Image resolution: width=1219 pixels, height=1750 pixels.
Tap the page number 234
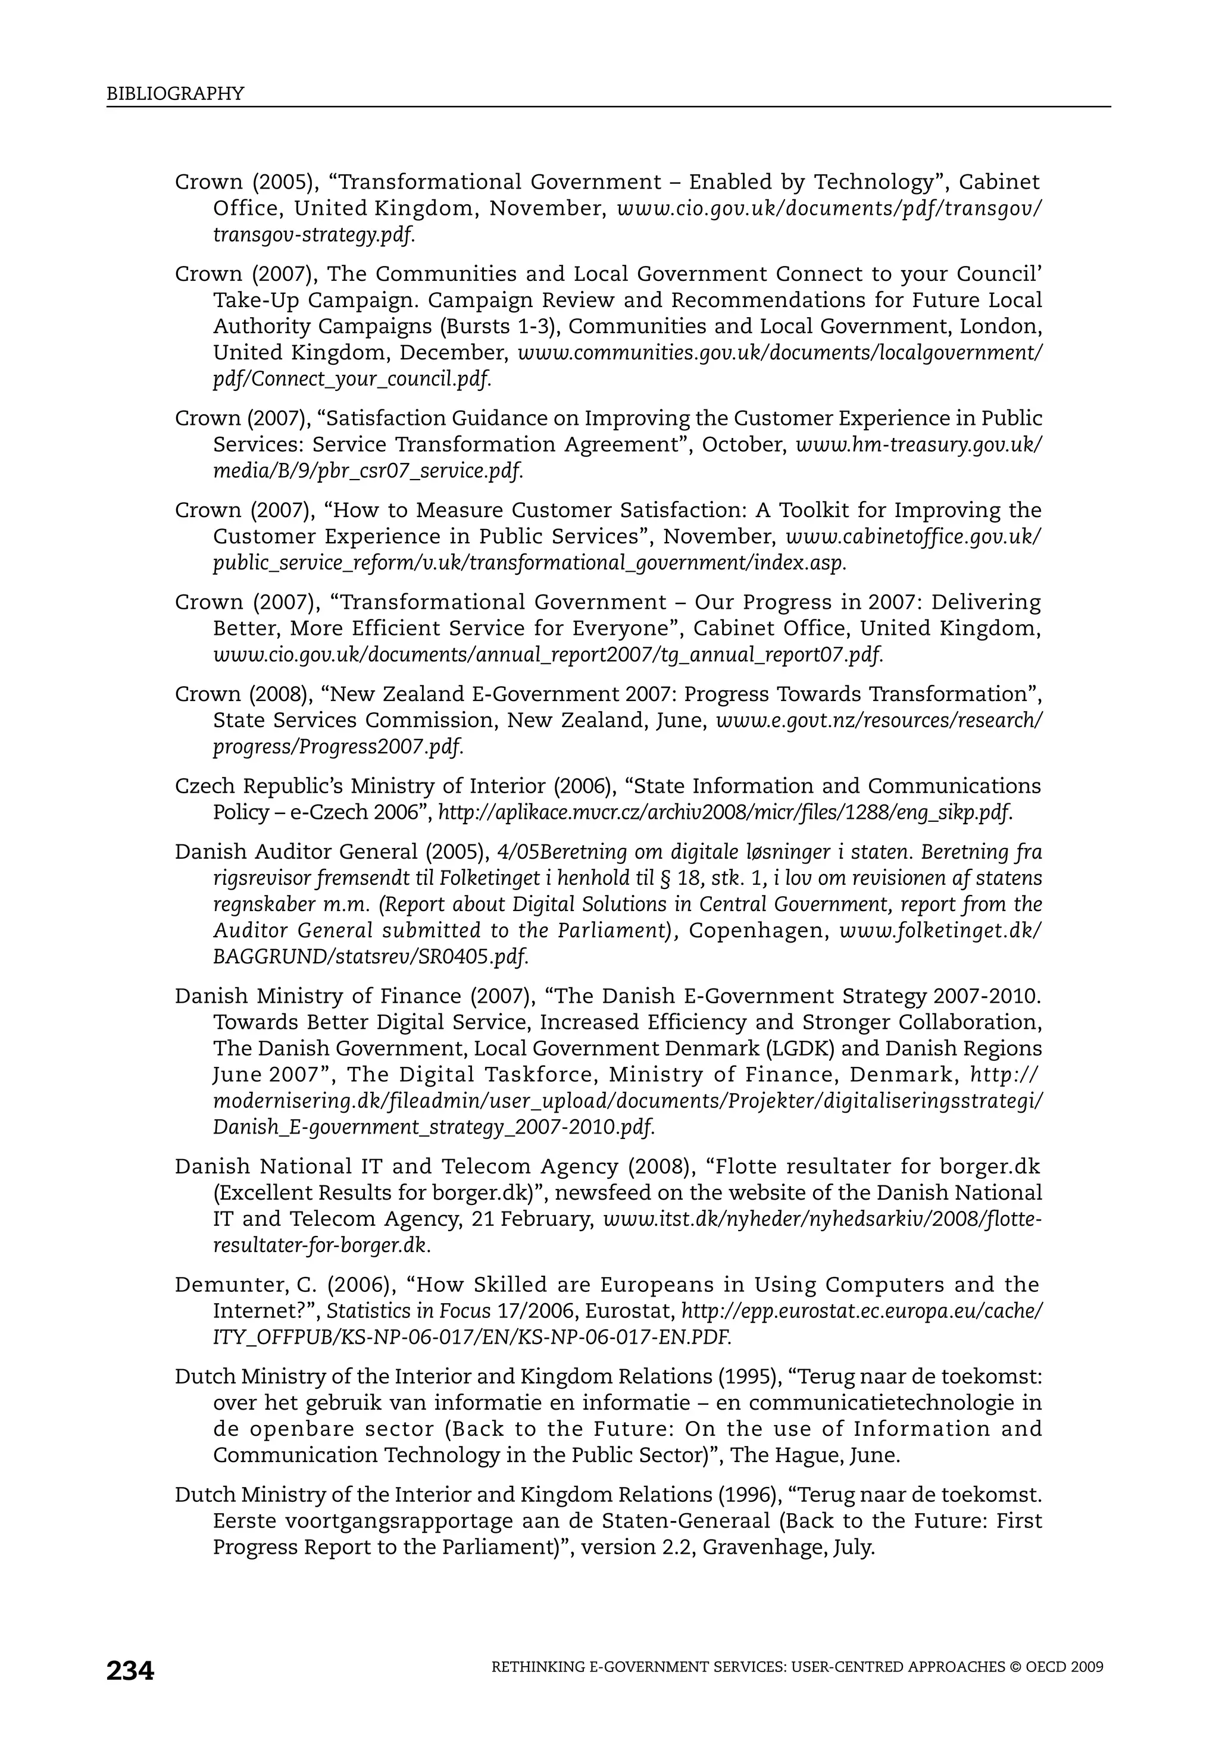pos(130,1671)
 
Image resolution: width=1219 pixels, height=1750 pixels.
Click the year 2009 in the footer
pos(1086,1667)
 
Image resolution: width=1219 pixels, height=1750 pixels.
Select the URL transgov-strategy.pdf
pos(313,235)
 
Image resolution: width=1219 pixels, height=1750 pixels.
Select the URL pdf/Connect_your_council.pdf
pos(351,379)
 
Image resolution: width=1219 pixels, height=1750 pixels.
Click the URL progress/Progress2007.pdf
pos(337,746)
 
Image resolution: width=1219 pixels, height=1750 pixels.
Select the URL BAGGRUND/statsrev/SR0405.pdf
pos(370,957)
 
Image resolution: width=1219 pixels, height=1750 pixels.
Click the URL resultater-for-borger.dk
pos(321,1245)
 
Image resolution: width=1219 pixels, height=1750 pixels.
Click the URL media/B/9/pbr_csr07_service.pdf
pos(367,471)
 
